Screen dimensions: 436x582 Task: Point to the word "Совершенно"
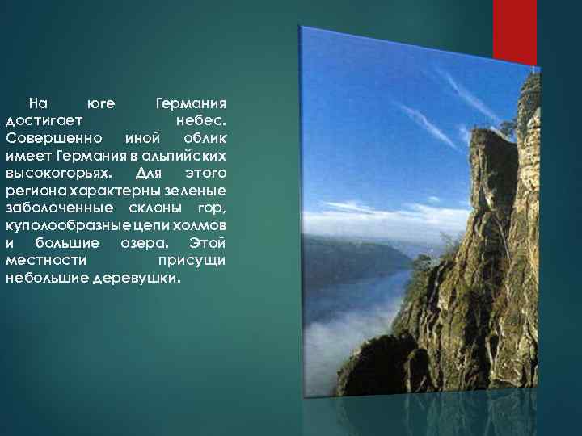(49, 138)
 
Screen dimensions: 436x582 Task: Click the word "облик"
(205, 138)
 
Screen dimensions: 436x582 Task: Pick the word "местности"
(42, 261)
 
